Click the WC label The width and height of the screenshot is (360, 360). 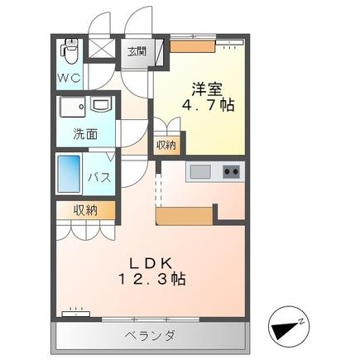coord(69,78)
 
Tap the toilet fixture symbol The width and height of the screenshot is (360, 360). coord(70,52)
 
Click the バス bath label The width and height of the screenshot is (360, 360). coord(100,177)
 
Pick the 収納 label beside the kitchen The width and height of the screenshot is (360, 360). coord(166,145)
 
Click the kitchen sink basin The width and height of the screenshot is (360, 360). coord(201,171)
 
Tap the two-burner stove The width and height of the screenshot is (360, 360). coord(229,171)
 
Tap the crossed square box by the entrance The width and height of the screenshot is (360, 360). coord(103,50)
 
